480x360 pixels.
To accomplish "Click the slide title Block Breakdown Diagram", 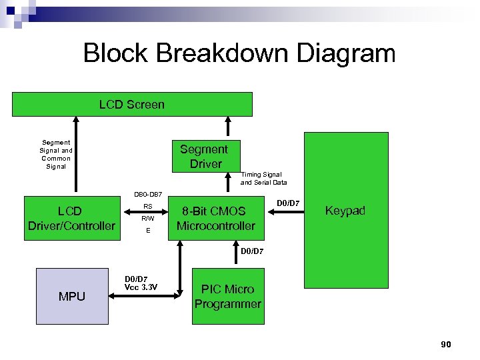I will click(239, 53).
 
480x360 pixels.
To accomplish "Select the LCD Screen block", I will click(132, 105).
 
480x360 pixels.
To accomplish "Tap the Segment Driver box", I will click(205, 156).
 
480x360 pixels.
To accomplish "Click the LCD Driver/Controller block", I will click(71, 219).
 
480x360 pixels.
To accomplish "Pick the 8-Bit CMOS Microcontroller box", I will click(215, 219).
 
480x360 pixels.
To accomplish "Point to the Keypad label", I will click(345, 211).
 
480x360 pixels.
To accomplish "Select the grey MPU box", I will click(71, 296).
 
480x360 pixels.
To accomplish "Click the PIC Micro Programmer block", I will click(227, 297).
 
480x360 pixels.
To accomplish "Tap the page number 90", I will click(446, 344).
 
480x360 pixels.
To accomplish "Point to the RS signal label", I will click(148, 207).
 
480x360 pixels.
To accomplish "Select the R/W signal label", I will click(148, 218).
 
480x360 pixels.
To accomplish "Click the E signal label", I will click(148, 231).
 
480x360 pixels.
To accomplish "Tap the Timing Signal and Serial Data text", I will click(263, 178).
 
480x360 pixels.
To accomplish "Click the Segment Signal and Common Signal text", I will click(56, 154).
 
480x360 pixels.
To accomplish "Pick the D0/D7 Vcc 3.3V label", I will click(140, 283).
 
